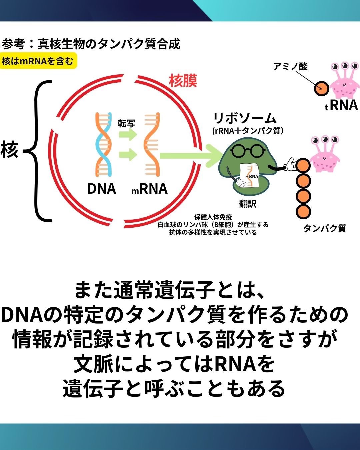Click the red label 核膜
pyautogui.click(x=183, y=81)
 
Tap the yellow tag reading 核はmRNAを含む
pyautogui.click(x=38, y=61)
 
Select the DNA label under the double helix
pyautogui.click(x=101, y=189)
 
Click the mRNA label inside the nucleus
pyautogui.click(x=149, y=189)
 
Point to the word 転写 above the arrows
pyautogui.click(x=126, y=124)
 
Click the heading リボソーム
pyautogui.click(x=245, y=118)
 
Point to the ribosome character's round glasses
pyautogui.click(x=246, y=151)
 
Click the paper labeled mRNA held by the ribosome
pyautogui.click(x=250, y=175)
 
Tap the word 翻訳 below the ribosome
pyautogui.click(x=248, y=203)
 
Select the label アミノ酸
pyautogui.click(x=290, y=67)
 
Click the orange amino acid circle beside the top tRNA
pyautogui.click(x=321, y=89)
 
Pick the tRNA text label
pyautogui.click(x=341, y=105)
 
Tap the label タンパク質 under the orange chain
pyautogui.click(x=324, y=228)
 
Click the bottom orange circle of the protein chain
pyautogui.click(x=303, y=211)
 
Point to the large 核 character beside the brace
pyautogui.click(x=9, y=150)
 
